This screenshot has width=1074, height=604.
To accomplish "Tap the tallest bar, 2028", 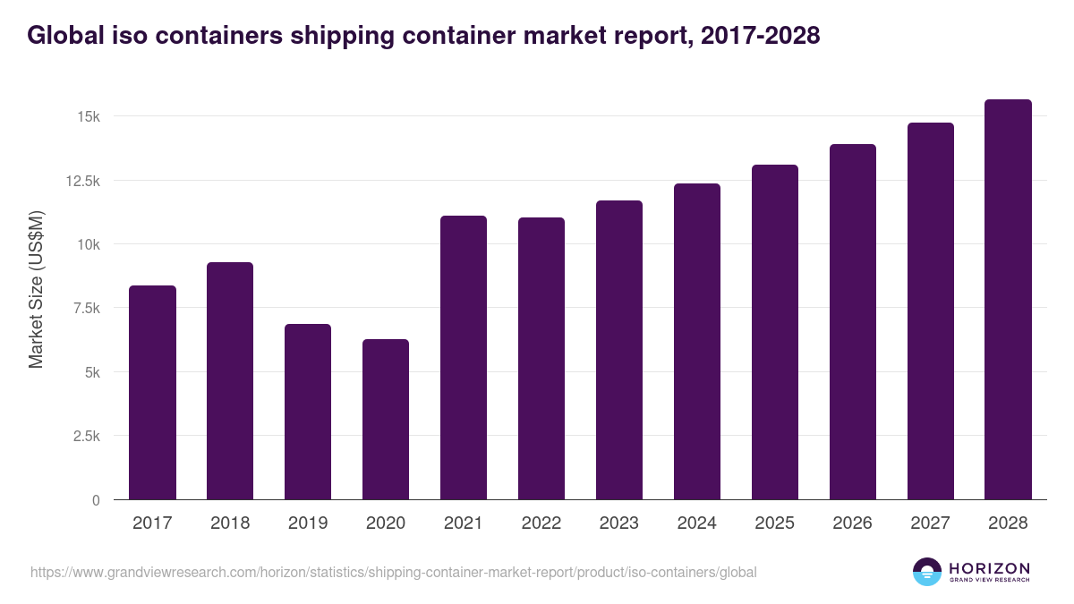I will [1008, 299].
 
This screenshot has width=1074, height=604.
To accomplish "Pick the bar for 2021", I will [464, 357].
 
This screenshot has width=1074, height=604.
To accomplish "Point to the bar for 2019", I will [308, 412].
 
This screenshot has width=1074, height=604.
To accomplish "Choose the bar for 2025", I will [775, 332].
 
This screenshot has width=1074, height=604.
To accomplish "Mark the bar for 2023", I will [619, 350].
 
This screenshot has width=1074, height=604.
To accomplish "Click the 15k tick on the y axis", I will [88, 117].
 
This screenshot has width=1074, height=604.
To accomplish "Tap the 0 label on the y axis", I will [95, 500].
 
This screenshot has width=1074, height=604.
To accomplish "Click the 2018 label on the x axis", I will [230, 523].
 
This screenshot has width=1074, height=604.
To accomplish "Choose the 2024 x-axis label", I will [697, 523].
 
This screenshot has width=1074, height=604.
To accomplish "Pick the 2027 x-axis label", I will [931, 523].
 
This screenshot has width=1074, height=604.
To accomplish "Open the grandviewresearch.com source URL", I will [394, 572].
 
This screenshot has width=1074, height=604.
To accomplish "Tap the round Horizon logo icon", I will [927, 572].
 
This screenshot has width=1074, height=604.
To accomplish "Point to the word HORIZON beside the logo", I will [989, 567].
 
